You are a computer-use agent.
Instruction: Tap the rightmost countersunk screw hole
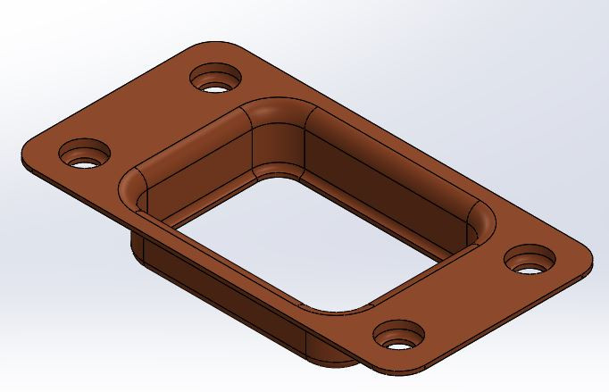click(530, 260)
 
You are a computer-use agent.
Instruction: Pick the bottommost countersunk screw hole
click(398, 337)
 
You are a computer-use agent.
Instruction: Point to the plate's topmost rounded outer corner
click(214, 43)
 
